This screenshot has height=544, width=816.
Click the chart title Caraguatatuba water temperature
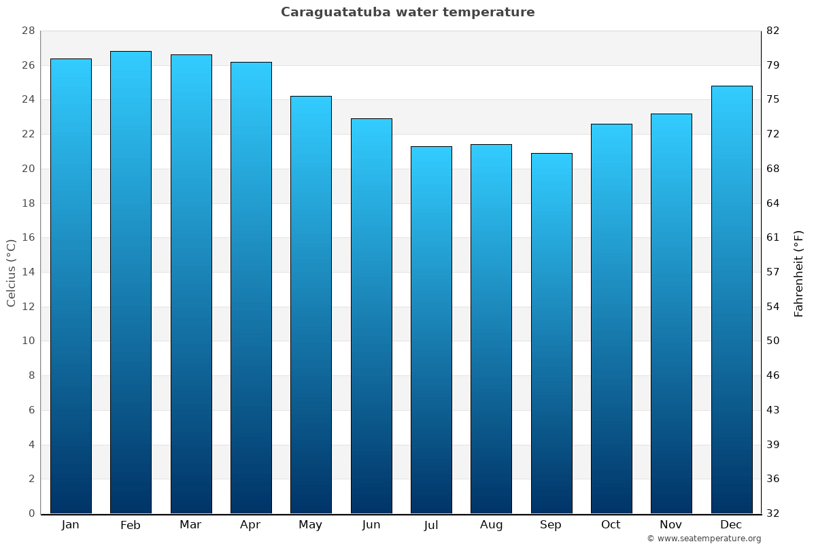[x=407, y=12]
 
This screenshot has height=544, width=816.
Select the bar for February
[x=131, y=282]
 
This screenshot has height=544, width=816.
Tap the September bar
[x=551, y=333]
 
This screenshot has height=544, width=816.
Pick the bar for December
[x=732, y=299]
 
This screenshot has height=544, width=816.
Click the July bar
[x=431, y=330]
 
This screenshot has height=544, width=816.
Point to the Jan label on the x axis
[x=70, y=525]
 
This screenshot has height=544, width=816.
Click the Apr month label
[x=250, y=525]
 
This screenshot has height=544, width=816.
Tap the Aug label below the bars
[x=491, y=525]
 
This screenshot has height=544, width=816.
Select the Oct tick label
[x=611, y=525]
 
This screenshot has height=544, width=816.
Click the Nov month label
[x=671, y=525]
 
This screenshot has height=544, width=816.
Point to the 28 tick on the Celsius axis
[x=28, y=31]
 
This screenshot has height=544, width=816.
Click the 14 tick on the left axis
[x=28, y=272]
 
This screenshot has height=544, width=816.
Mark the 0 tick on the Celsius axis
[x=31, y=513]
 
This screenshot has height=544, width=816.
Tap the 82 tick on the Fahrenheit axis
[x=773, y=31]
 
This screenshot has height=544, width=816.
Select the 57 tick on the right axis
[x=773, y=272]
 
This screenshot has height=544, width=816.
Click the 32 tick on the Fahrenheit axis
[x=773, y=513]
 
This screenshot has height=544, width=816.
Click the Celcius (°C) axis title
[x=11, y=272]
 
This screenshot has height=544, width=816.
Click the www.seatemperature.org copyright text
[x=704, y=539]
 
